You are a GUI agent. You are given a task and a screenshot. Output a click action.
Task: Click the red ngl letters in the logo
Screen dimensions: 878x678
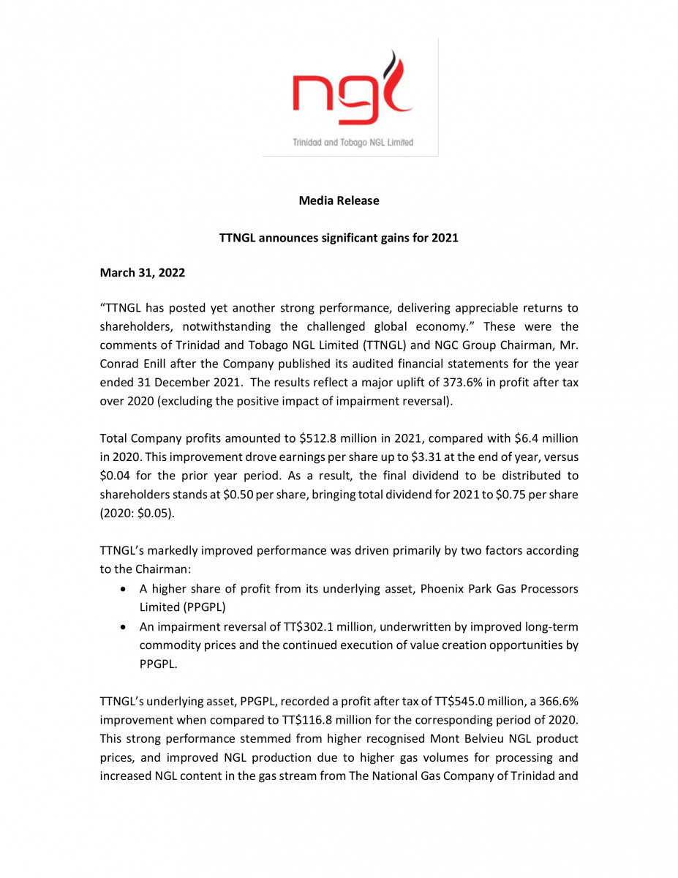point(333,98)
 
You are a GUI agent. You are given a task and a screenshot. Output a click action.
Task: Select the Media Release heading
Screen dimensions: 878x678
point(339,200)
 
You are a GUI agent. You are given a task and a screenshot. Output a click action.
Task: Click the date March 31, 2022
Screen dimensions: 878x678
point(142,273)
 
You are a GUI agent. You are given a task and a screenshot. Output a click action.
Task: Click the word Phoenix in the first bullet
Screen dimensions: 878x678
point(442,589)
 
